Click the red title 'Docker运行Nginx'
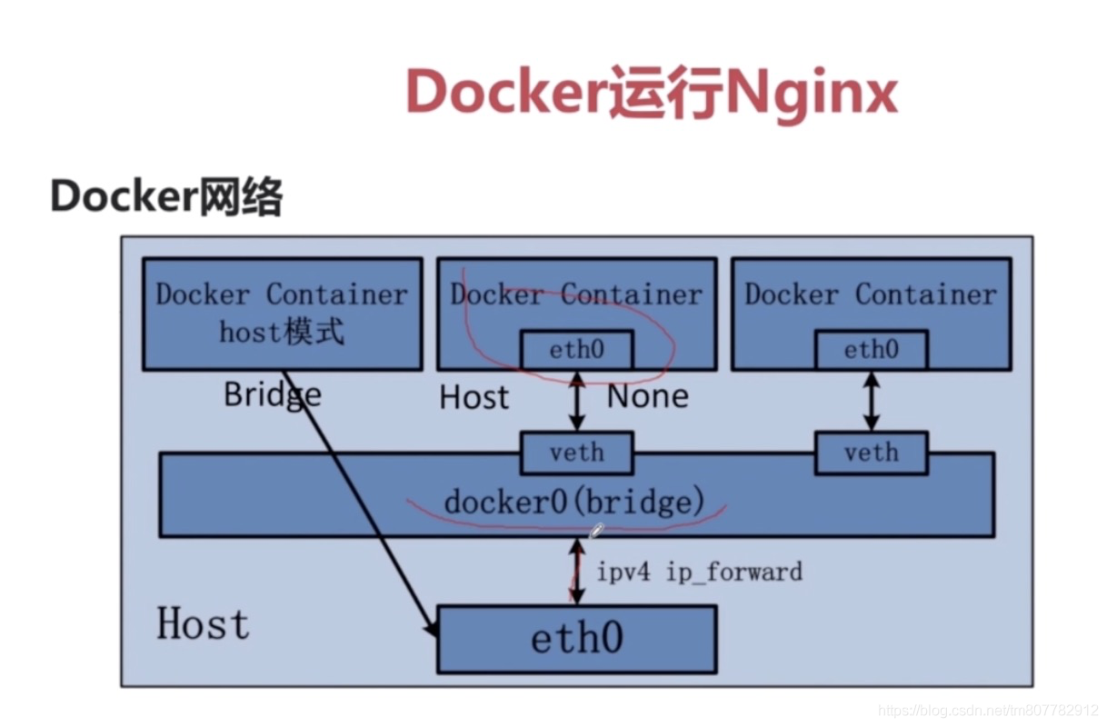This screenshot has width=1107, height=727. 652,93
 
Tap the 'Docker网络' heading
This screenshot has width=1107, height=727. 166,196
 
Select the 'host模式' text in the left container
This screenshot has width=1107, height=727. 281,331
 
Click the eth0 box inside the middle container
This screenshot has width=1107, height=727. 577,350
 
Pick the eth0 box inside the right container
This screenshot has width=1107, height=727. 872,350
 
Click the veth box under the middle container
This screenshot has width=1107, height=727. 577,453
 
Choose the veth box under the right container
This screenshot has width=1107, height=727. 872,453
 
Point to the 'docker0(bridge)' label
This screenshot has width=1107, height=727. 574,502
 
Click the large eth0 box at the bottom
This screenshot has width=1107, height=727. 577,639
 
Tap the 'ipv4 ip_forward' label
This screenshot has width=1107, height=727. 700,573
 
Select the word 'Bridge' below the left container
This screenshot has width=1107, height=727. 273,395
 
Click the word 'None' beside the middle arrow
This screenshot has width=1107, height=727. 648,396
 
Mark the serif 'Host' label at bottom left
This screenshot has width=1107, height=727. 203,623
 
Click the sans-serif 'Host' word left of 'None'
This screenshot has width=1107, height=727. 474,397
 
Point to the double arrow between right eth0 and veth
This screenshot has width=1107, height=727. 872,401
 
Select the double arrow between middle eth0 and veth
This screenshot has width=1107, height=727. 577,401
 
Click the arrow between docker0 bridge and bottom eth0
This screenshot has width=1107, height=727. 577,572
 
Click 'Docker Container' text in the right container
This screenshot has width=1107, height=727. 871,294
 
